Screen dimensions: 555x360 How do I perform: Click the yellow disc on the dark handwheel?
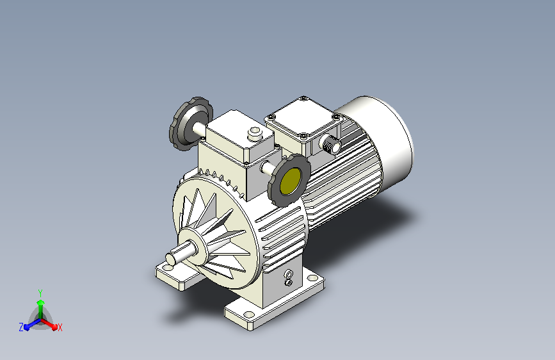click(x=291, y=181)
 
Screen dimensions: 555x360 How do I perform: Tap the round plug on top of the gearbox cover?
click(x=255, y=133)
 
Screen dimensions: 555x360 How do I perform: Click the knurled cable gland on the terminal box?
click(x=330, y=144)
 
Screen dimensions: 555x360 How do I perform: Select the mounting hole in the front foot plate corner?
click(x=249, y=315)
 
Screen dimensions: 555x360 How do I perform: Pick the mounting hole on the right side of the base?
click(x=312, y=278)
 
